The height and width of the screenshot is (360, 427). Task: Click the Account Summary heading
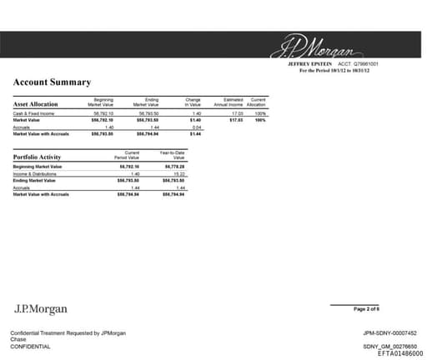pyautogui.click(x=52, y=82)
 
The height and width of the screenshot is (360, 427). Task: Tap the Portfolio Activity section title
pyautogui.click(x=38, y=157)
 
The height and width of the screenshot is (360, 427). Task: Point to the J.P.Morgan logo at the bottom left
pyautogui.click(x=41, y=309)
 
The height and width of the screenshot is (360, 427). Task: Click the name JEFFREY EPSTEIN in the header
pyautogui.click(x=310, y=63)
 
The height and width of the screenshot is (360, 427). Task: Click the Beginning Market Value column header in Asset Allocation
pyautogui.click(x=104, y=102)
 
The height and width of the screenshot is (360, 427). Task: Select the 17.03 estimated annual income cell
pyautogui.click(x=237, y=112)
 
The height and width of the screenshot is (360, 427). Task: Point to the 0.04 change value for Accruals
pyautogui.click(x=197, y=127)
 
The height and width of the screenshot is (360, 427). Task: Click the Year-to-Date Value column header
pyautogui.click(x=173, y=155)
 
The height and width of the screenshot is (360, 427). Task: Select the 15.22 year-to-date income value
pyautogui.click(x=177, y=173)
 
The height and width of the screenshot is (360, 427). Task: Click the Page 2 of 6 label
pyautogui.click(x=367, y=309)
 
